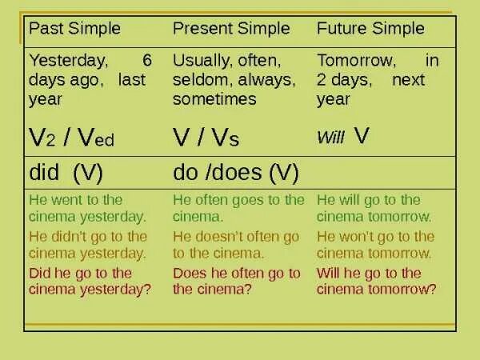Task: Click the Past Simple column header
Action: [74, 29]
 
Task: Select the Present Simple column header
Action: [231, 29]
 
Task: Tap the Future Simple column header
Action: [370, 29]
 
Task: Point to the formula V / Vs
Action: [206, 138]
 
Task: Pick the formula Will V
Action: [343, 136]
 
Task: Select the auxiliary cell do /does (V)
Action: [235, 172]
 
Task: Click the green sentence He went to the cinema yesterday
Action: [87, 208]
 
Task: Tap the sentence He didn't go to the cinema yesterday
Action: [88, 244]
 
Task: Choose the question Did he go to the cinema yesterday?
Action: [90, 281]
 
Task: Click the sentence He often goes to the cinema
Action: [238, 208]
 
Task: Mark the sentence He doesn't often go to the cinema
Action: [236, 244]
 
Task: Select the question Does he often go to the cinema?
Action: [236, 281]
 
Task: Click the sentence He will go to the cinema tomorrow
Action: [374, 208]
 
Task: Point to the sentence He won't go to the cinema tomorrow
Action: [375, 244]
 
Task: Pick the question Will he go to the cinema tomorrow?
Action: [377, 281]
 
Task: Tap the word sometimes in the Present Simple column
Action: [214, 99]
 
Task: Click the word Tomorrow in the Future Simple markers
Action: [356, 61]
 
